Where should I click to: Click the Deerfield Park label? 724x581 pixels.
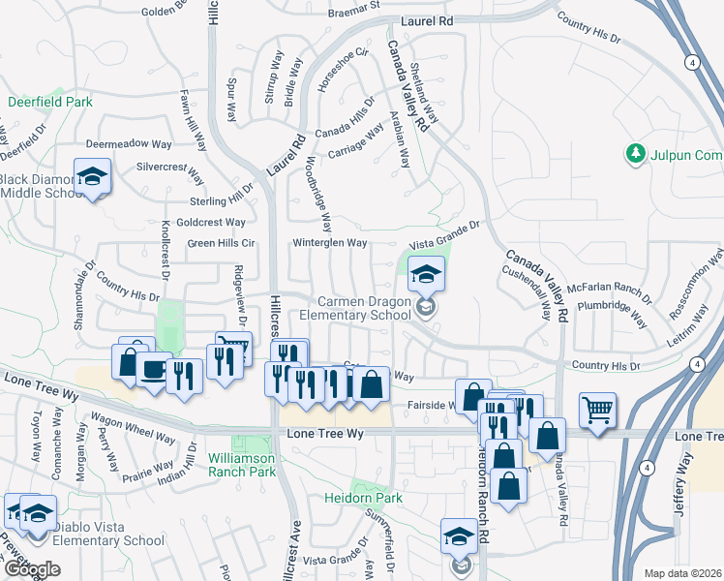(x=50, y=101)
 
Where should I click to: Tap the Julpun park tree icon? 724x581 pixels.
(x=636, y=154)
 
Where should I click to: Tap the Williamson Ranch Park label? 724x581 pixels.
(x=241, y=464)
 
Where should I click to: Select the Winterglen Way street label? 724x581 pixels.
(x=330, y=242)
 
